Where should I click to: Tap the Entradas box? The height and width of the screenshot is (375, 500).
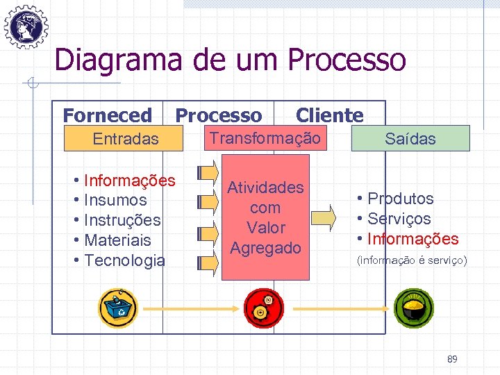point(126,139)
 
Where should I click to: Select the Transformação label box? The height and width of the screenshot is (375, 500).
point(265,138)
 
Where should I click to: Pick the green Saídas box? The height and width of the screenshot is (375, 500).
point(411,139)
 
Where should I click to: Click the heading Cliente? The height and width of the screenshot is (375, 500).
point(329,115)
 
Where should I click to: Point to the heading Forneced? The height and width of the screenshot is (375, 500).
point(107,115)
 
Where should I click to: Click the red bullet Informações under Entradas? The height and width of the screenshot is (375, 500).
point(129,181)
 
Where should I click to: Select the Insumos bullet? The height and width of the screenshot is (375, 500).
point(115,201)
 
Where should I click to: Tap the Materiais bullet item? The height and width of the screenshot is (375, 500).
point(117,240)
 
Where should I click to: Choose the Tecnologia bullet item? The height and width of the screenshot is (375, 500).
point(124,260)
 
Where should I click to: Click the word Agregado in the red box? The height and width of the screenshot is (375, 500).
point(265,248)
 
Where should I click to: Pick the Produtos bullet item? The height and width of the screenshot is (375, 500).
point(400,199)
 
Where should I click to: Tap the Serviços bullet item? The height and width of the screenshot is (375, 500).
point(399,219)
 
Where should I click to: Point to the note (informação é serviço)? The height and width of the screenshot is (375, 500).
point(411,262)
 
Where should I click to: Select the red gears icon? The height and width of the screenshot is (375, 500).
point(265,308)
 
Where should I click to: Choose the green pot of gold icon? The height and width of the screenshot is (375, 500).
point(414,308)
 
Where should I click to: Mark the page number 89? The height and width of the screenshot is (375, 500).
point(452,359)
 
